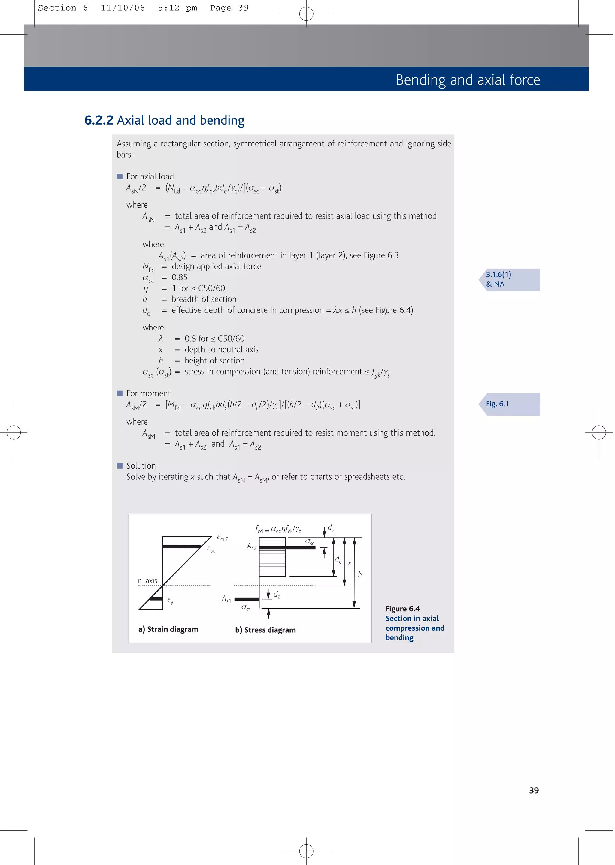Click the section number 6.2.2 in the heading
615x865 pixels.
point(98,120)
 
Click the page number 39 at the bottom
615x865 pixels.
point(534,791)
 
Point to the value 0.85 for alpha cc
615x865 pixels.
point(180,277)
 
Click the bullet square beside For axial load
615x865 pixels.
point(120,177)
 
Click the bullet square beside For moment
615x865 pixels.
point(120,393)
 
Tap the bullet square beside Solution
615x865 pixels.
point(120,466)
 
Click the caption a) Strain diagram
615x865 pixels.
point(168,629)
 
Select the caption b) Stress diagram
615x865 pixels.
point(265,630)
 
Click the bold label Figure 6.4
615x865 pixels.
point(402,609)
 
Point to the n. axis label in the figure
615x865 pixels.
point(147,581)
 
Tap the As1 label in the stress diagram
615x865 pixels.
point(226,599)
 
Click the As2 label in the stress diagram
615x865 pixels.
point(251,546)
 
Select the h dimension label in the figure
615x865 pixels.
point(360,575)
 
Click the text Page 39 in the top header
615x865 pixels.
point(229,8)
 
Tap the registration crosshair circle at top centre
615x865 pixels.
point(306,14)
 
